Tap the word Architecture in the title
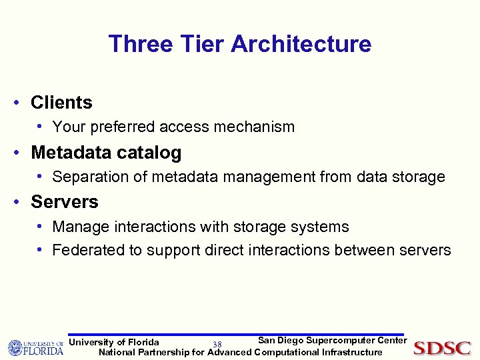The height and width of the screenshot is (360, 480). point(301,44)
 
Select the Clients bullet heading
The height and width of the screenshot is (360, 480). point(61,103)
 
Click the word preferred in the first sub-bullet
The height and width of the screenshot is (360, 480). point(120,127)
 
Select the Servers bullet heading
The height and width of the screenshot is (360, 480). point(65,202)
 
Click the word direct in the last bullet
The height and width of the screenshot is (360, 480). point(228,251)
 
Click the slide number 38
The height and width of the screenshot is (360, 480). point(217,345)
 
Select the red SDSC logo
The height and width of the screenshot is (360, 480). point(442,348)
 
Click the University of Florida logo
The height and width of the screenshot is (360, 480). point(36,347)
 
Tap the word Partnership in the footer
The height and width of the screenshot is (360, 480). point(163,352)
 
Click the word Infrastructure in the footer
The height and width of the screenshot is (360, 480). point(352,352)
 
